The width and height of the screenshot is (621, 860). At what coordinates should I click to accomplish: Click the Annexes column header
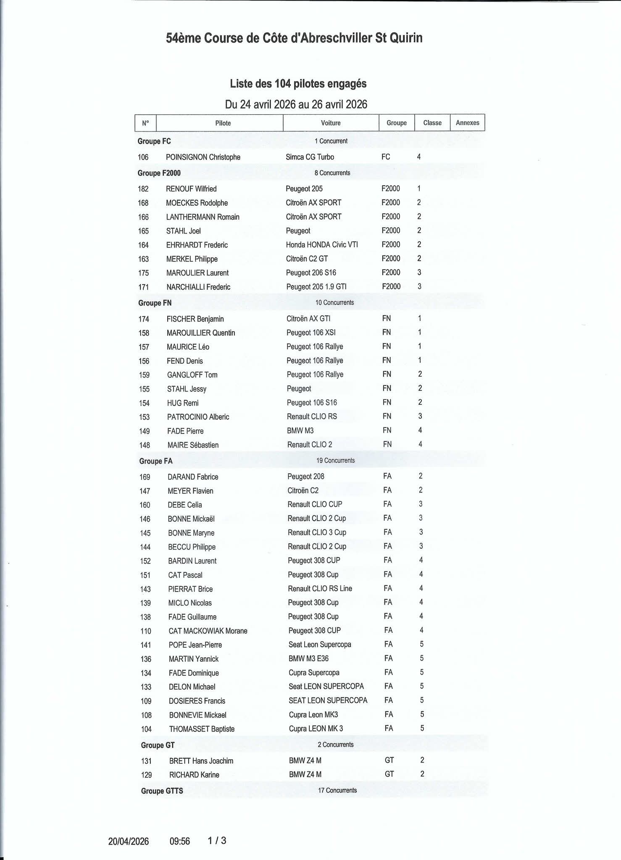click(x=467, y=123)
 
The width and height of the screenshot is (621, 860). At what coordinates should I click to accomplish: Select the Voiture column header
click(x=331, y=123)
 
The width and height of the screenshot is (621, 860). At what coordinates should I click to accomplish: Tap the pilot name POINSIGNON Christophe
click(x=203, y=157)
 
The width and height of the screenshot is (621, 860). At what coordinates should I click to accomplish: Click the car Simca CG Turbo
click(x=310, y=157)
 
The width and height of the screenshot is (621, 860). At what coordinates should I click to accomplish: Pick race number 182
click(x=143, y=189)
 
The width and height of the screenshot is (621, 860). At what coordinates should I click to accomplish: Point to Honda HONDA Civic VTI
click(x=322, y=244)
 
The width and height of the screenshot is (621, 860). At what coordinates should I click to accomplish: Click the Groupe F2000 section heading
click(x=159, y=173)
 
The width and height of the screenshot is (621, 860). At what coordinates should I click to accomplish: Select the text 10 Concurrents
click(x=334, y=302)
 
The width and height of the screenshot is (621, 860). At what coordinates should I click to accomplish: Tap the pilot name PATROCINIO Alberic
click(x=198, y=417)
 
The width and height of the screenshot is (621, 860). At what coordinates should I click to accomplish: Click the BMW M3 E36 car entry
click(x=308, y=658)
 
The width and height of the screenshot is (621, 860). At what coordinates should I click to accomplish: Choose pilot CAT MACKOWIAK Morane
click(x=208, y=631)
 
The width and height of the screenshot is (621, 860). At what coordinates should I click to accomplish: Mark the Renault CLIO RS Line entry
click(x=320, y=588)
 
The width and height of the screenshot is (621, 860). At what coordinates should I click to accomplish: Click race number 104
click(x=146, y=729)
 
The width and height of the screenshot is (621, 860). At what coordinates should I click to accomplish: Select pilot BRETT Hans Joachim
click(x=201, y=761)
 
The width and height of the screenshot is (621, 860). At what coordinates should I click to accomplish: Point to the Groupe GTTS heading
click(x=162, y=791)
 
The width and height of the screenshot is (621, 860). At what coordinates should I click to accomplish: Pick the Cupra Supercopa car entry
click(x=314, y=673)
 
